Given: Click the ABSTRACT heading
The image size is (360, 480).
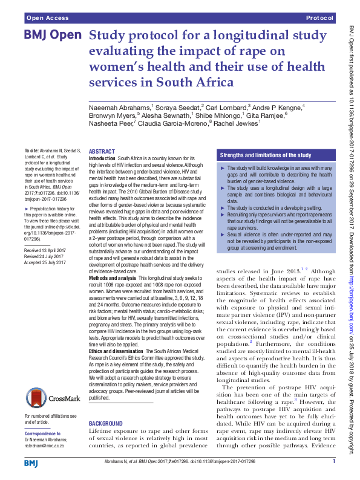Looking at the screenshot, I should [x=102, y=151].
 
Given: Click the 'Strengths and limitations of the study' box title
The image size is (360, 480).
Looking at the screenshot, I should [x=266, y=155].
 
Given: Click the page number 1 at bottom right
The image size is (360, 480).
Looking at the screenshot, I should [x=333, y=462].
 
